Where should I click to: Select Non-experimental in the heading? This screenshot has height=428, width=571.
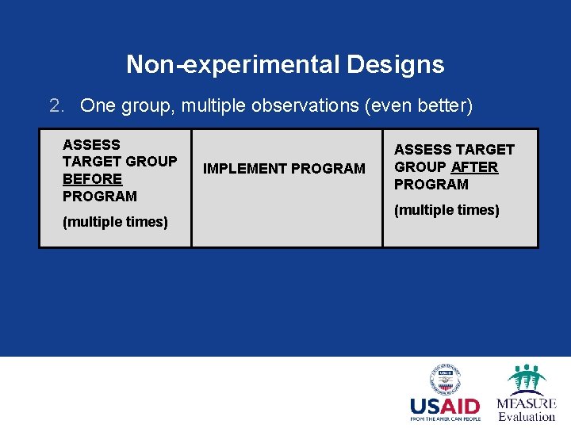point(233,64)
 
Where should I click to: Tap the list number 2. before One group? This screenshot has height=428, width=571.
point(56,105)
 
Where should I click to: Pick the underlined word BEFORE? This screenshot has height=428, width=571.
point(92,179)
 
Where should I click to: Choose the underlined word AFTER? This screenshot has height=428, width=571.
point(474,167)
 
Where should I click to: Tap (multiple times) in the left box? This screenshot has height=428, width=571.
point(115,222)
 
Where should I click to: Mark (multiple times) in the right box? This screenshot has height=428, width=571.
point(446,210)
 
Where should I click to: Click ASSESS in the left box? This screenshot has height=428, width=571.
point(91,145)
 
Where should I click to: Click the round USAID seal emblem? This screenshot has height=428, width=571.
point(445,380)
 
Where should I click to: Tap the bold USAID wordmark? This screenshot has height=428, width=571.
point(445,407)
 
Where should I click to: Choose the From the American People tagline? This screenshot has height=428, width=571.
point(445,418)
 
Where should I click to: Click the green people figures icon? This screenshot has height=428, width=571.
point(526,379)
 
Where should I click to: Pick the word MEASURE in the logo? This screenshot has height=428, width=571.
point(526,403)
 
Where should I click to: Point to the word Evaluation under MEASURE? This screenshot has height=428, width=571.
point(526,417)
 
